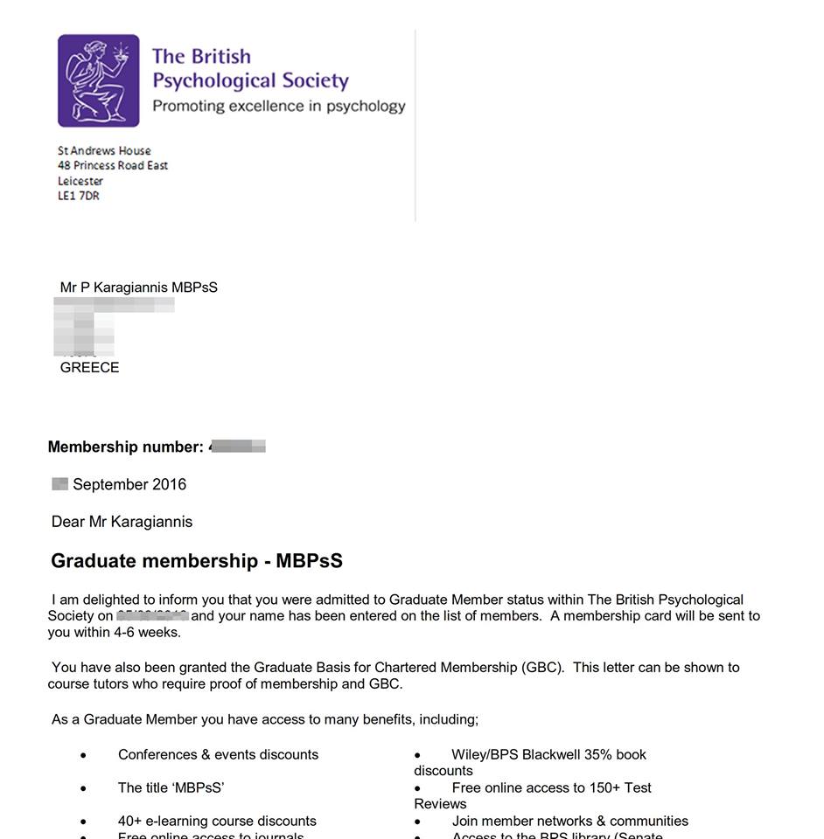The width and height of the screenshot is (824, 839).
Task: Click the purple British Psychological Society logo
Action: click(99, 80)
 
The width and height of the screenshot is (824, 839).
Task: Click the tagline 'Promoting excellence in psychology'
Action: click(278, 107)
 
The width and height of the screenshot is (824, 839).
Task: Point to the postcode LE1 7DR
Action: click(79, 197)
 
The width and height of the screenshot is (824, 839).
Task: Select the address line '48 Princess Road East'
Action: click(113, 166)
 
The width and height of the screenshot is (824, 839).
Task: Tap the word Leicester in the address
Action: click(80, 181)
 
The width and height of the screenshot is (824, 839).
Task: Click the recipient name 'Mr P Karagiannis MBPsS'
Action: click(138, 288)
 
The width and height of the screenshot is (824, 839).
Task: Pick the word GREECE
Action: click(89, 368)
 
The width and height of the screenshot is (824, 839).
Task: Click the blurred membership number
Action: click(238, 447)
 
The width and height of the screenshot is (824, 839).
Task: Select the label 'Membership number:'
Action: click(125, 447)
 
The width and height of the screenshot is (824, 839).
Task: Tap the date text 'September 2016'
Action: click(129, 484)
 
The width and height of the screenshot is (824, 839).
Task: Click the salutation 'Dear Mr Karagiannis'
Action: click(122, 522)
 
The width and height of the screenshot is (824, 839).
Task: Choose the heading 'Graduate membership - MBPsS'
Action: click(197, 561)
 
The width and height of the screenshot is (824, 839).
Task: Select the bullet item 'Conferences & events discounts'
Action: click(218, 755)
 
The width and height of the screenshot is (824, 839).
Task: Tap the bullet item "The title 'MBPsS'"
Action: click(171, 788)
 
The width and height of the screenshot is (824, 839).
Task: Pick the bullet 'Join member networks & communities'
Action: click(569, 822)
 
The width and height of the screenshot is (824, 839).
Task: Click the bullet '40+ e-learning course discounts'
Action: click(217, 822)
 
